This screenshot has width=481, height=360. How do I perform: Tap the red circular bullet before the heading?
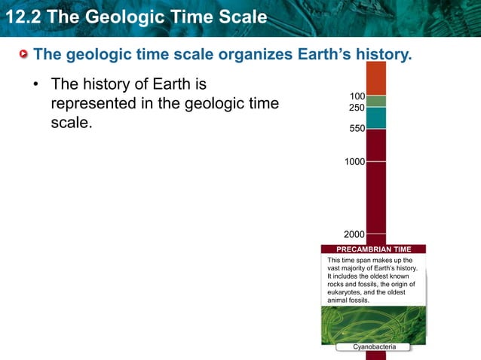[x=24, y=55]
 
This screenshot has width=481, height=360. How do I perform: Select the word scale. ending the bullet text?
[x=70, y=122]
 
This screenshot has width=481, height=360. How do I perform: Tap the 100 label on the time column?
[x=357, y=96]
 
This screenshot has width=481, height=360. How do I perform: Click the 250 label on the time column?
[x=357, y=108]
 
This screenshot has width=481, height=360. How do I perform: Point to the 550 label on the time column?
[x=357, y=129]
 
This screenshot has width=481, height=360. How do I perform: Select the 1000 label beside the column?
[x=354, y=162]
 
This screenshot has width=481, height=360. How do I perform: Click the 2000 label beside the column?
[x=354, y=234]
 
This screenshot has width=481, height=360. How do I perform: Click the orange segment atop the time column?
[x=375, y=78]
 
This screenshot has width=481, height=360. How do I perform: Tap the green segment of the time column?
[x=375, y=101]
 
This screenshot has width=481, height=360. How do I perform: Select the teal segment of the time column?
[x=375, y=117]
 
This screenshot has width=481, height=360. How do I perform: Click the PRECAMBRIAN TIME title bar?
[x=373, y=249]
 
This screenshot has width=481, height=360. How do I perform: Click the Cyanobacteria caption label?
[x=373, y=346]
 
